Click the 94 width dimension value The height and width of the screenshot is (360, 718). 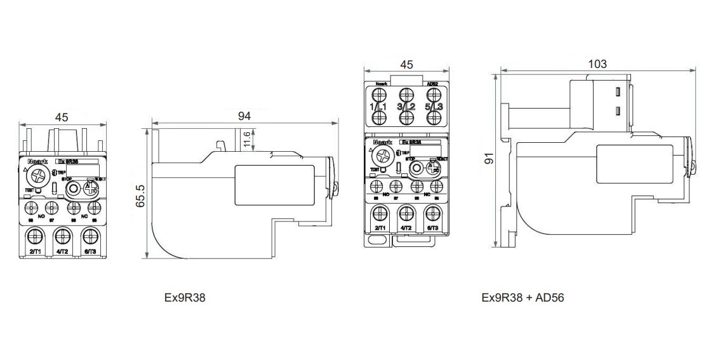[244, 116]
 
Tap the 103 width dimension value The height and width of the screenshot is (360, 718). [597, 63]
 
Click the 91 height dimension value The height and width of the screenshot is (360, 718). [489, 158]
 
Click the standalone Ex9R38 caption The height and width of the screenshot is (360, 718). [185, 297]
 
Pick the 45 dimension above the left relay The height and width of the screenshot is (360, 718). [62, 117]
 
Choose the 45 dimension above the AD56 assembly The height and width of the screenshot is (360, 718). [407, 64]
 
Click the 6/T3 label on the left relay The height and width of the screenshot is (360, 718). [90, 252]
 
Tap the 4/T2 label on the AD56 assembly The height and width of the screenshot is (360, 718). [406, 227]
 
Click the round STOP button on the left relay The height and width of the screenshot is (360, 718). [73, 189]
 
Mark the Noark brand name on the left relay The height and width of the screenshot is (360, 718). [35, 161]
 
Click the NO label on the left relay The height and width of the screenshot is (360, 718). [41, 217]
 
